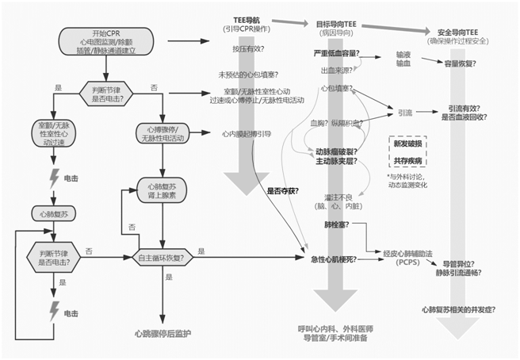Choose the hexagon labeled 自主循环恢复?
point(162,257)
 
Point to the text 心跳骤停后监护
point(162,333)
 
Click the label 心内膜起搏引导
point(243,134)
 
